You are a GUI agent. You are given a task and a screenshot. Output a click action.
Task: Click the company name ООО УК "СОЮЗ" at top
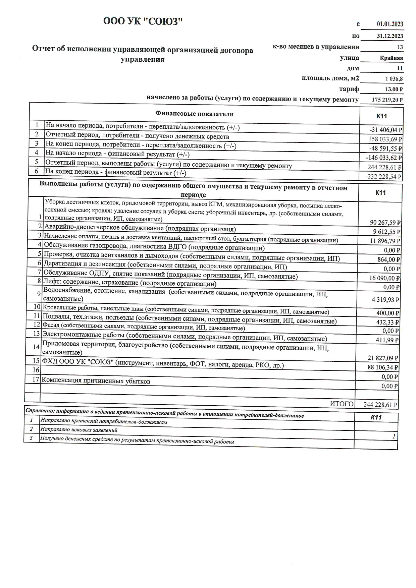(143, 21)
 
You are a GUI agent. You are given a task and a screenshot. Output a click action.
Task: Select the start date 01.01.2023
(390, 24)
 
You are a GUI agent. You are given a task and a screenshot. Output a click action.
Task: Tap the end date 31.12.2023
(390, 36)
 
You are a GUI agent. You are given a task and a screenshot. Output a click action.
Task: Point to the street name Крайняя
(391, 58)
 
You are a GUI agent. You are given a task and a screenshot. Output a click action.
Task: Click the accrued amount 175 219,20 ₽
(387, 100)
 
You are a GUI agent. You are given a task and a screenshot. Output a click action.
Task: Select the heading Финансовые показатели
(194, 114)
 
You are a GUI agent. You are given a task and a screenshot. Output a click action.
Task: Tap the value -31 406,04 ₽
(385, 130)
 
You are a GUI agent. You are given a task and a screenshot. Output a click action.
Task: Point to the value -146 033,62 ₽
(384, 158)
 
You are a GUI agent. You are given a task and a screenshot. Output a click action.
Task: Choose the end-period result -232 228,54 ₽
(384, 176)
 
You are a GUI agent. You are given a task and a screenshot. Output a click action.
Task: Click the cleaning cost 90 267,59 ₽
(384, 222)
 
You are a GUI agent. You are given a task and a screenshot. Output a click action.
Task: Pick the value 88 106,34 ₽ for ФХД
(383, 367)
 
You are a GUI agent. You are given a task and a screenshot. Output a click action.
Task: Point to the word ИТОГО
(342, 404)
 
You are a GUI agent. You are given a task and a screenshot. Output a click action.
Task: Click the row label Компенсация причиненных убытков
(96, 381)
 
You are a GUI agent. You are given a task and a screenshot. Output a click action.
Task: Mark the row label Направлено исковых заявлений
(79, 430)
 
